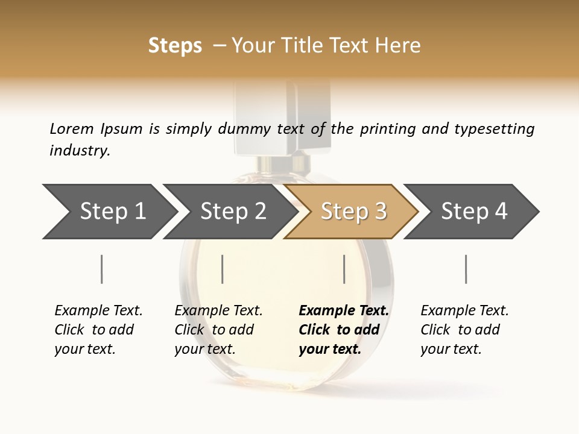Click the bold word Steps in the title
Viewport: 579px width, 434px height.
(x=175, y=46)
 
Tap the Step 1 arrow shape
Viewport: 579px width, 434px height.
(x=109, y=212)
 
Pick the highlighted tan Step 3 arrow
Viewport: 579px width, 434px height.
(x=352, y=212)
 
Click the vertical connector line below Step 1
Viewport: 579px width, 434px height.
(x=101, y=269)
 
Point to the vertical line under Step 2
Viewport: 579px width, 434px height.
(x=223, y=269)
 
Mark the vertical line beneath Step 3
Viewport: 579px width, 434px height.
(x=344, y=269)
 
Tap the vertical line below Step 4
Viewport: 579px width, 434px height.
(x=466, y=269)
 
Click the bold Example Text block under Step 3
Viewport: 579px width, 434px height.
(x=343, y=330)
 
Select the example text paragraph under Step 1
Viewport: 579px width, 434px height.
(x=98, y=330)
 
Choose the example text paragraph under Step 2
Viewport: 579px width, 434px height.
(x=218, y=330)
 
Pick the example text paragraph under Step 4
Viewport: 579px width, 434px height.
(x=464, y=330)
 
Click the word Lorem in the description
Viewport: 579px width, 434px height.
(x=71, y=129)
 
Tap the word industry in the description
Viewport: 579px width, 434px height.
(x=80, y=151)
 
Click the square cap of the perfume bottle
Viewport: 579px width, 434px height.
(x=282, y=118)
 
